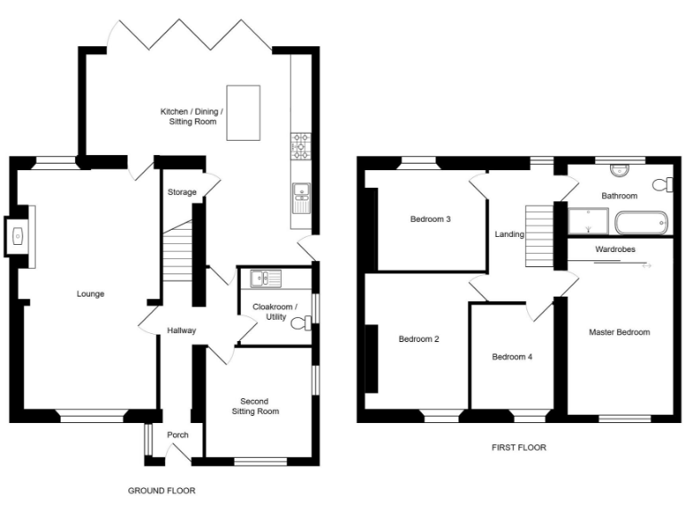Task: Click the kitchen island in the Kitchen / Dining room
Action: (243, 112)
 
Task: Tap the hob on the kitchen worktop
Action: (300, 146)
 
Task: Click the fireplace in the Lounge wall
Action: (19, 236)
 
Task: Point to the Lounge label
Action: (90, 293)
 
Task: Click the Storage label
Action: (182, 192)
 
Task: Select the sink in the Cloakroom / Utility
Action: (265, 279)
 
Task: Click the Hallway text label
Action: (181, 330)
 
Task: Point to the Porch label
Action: (177, 436)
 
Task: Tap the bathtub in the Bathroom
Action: (640, 222)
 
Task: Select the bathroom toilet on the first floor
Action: (661, 184)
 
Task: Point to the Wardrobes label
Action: (615, 250)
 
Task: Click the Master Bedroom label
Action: (619, 332)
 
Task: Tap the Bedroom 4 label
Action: (512, 357)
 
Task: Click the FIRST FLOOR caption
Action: (518, 448)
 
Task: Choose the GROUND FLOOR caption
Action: (161, 491)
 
